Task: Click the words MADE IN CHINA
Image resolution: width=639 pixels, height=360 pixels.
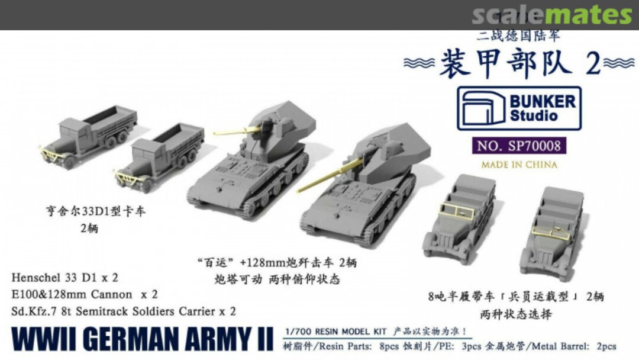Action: coord(518,164)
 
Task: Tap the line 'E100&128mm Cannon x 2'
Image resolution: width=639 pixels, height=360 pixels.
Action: coord(82,294)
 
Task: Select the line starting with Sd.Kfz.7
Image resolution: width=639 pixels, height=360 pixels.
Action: coord(124,311)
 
